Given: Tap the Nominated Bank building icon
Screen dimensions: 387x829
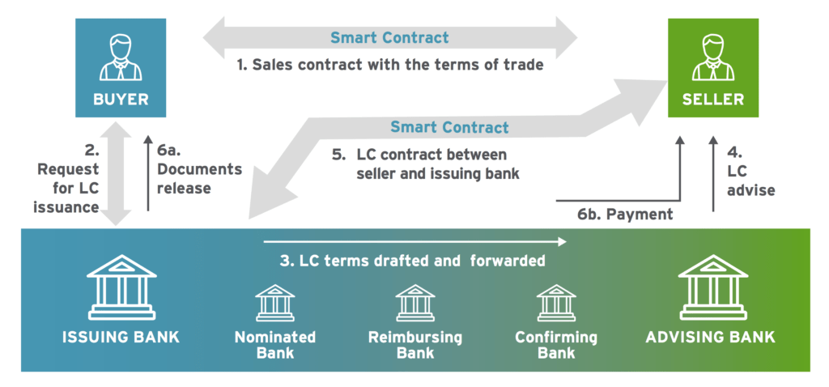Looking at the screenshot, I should click(274, 303).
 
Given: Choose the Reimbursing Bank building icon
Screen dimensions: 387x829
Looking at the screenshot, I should click(415, 303).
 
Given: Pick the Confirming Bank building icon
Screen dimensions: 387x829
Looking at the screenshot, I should click(556, 303).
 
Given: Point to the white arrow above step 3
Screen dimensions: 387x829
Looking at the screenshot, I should click(413, 240).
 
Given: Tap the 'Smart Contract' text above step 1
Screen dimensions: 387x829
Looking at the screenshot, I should click(389, 38).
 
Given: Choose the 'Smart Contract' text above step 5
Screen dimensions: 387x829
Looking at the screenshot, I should click(449, 127).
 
